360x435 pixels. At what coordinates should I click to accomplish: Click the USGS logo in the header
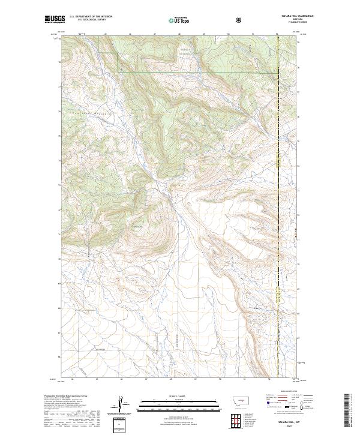click(x=52, y=20)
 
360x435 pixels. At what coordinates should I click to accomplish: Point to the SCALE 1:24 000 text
click(x=175, y=395)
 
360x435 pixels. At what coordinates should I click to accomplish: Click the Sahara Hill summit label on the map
click(x=139, y=227)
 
